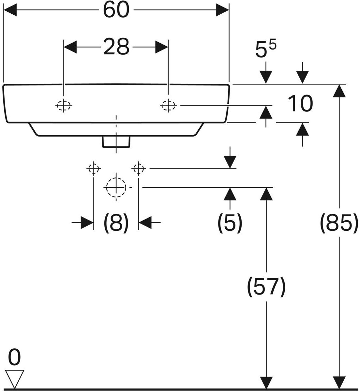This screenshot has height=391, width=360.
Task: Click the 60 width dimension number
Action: click(116, 10)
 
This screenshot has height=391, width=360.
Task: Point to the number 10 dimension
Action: click(300, 104)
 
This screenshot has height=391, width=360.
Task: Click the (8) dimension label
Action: click(116, 223)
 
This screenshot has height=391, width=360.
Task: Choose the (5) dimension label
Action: click(230, 223)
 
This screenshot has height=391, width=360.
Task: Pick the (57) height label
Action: click(266, 287)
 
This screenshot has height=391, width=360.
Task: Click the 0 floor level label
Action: click(14, 357)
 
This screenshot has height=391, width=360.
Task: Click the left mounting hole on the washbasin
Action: click(64, 105)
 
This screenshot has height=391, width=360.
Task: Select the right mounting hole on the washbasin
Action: click(168, 105)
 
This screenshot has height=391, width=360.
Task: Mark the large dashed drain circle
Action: click(116, 187)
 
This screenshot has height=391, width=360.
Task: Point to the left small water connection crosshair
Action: click(94, 168)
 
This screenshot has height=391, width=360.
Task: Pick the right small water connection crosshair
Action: click(139, 168)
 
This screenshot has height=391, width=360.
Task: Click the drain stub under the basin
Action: click(116, 142)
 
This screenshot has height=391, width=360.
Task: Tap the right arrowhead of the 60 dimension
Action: click(223, 10)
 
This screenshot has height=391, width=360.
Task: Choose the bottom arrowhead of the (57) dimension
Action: click(266, 383)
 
